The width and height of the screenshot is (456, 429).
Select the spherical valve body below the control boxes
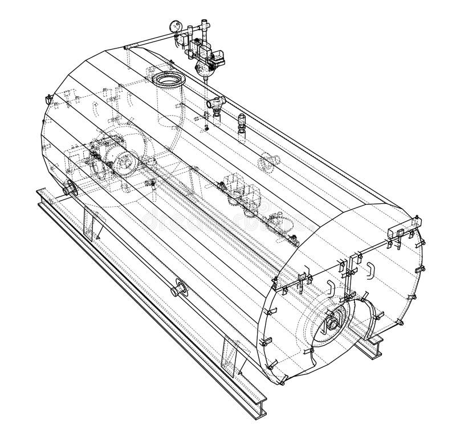pos(203,69)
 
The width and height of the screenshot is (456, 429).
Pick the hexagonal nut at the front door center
pos(332,325)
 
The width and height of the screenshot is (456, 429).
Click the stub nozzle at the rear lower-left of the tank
pos(70,188)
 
